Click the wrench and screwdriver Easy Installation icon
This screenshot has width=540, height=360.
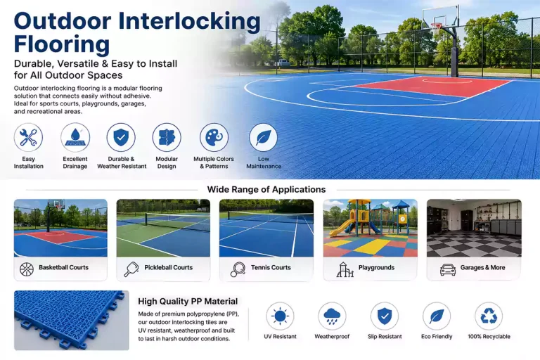pyautogui.click(x=28, y=137)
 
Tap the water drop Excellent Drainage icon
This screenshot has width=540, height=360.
pyautogui.click(x=75, y=137)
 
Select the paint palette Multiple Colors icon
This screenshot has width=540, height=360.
pyautogui.click(x=214, y=137)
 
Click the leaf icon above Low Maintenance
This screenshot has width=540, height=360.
pyautogui.click(x=263, y=137)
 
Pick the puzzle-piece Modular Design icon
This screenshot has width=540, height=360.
pyautogui.click(x=167, y=137)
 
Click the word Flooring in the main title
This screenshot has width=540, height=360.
pyautogui.click(x=62, y=44)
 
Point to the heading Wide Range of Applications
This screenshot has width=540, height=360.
pyautogui.click(x=266, y=189)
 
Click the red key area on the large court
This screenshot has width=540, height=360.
pyautogui.click(x=432, y=86)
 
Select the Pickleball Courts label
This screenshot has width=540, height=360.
pyautogui.click(x=169, y=267)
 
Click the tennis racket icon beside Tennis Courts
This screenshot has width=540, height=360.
pyautogui.click(x=238, y=269)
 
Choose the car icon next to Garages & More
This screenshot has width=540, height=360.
pyautogui.click(x=448, y=269)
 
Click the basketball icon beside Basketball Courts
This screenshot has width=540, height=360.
pyautogui.click(x=27, y=269)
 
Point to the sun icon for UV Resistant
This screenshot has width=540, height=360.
pyautogui.click(x=280, y=316)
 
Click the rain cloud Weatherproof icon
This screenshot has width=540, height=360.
pyautogui.click(x=332, y=316)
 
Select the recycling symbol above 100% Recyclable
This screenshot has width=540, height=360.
pyautogui.click(x=489, y=316)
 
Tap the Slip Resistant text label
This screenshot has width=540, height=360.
pyautogui.click(x=385, y=337)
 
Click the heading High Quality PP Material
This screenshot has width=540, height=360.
pyautogui.click(x=188, y=302)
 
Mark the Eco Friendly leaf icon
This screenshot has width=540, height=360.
pyautogui.click(x=437, y=316)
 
